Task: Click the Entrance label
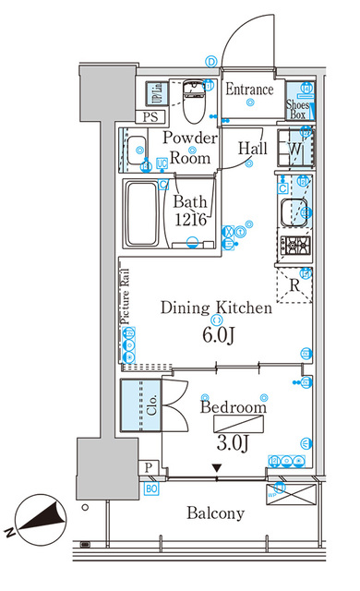[x=249, y=90]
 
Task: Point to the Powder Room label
[x=191, y=148]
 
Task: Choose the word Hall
[x=253, y=149]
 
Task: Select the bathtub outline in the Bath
[x=142, y=213]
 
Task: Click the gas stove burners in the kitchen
[x=296, y=246]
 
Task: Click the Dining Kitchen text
[x=216, y=308]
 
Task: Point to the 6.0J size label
[x=216, y=334]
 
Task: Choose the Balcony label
[x=214, y=513]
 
